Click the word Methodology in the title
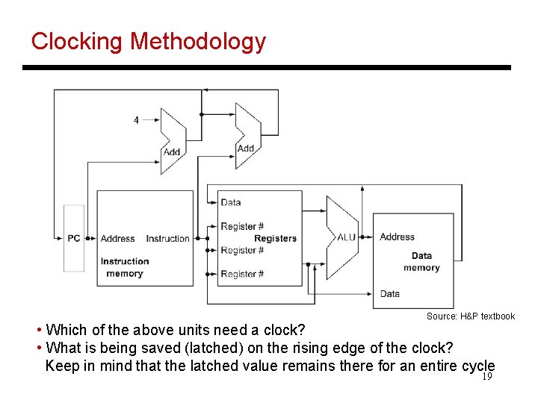pyautogui.click(x=197, y=41)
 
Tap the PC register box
pyautogui.click(x=74, y=238)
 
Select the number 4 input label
pyautogui.click(x=136, y=119)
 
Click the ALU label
pyautogui.click(x=346, y=237)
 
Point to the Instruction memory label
pyautogui.click(x=125, y=267)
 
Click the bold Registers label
pyautogui.click(x=275, y=239)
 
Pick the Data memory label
pyautogui.click(x=421, y=262)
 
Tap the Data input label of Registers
pyautogui.click(x=231, y=202)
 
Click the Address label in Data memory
pyautogui.click(x=397, y=237)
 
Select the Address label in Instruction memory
pyautogui.click(x=117, y=239)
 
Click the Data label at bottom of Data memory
pyautogui.click(x=389, y=293)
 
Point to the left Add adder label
pyautogui.click(x=172, y=152)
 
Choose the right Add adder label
pyautogui.click(x=246, y=149)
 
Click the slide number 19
pyautogui.click(x=486, y=377)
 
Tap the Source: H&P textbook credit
pyautogui.click(x=470, y=316)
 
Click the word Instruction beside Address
pyautogui.click(x=167, y=239)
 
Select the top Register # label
pyautogui.click(x=242, y=226)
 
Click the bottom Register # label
pyautogui.click(x=242, y=274)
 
